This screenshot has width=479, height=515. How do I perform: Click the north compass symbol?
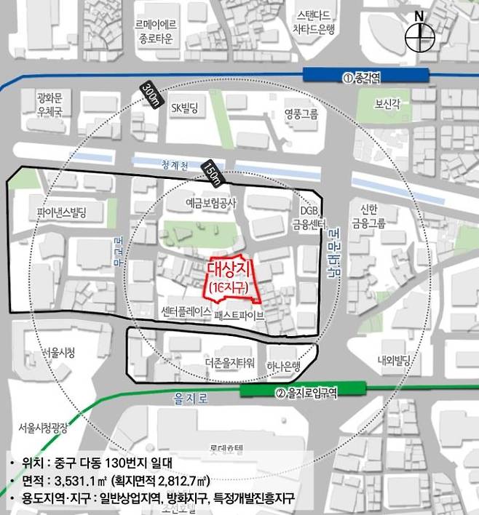pos(419,36)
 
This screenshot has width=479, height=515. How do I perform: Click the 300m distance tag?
pos(151,95)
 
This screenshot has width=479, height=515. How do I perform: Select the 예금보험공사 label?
pos(211,206)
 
